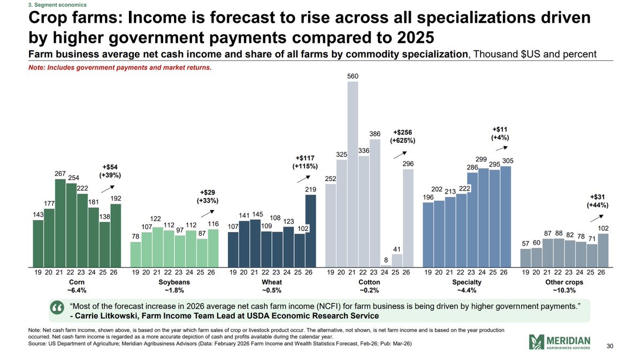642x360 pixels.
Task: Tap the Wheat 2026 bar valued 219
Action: coord(310,231)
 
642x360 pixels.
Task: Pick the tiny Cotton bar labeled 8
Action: coord(386,265)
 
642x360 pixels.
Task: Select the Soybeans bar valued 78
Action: coord(136,254)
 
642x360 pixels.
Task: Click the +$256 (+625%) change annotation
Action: coord(402,136)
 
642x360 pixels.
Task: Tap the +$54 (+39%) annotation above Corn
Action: coord(110,171)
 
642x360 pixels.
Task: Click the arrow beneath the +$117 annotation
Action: coord(302,179)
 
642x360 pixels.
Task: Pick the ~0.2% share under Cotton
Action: coord(369,290)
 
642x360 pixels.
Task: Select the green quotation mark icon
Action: coord(57,309)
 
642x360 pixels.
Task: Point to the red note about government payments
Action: coord(121,67)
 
